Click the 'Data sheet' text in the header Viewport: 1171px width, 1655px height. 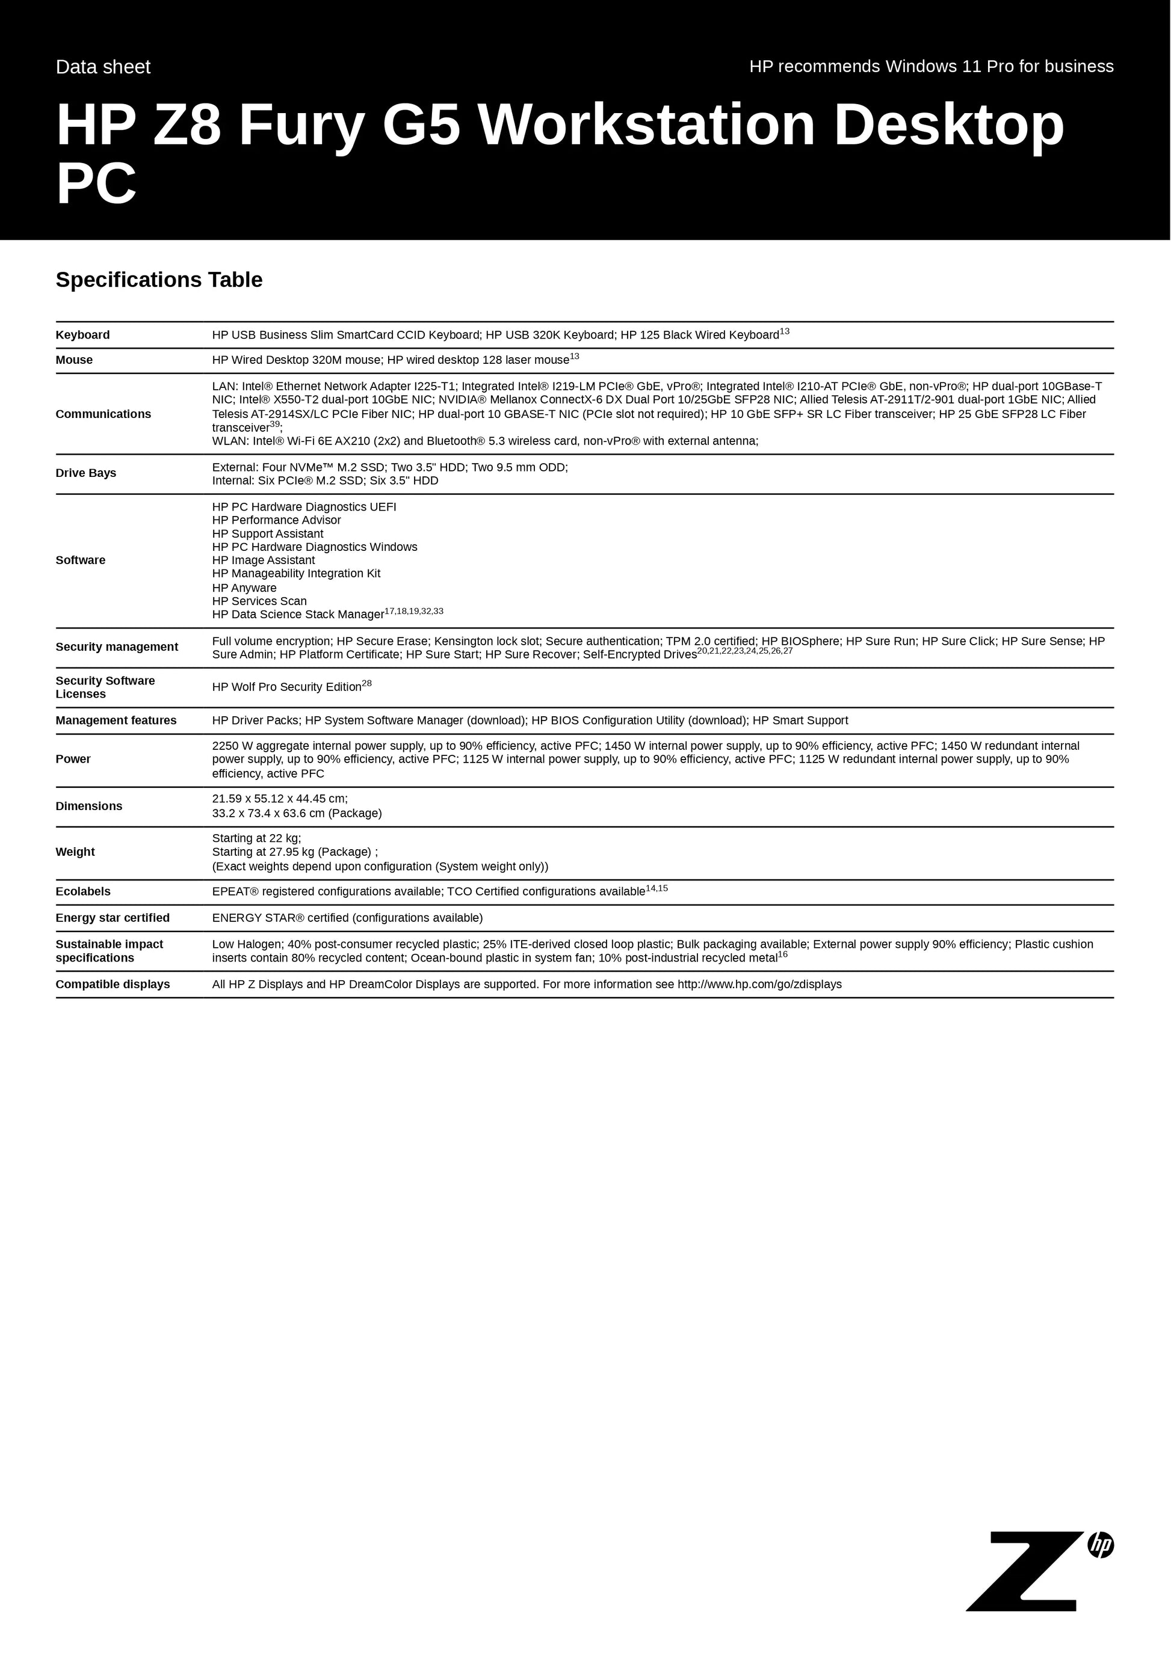pos(103,67)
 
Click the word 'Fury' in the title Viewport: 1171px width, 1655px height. pos(301,126)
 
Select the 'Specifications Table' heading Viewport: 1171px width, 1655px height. pos(159,280)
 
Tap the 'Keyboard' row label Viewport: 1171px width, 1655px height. pos(83,335)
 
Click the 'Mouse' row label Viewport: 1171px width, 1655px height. pos(74,360)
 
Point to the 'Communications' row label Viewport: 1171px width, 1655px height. pos(103,414)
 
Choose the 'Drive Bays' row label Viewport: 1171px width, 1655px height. pos(86,473)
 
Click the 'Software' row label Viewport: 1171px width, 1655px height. pos(80,560)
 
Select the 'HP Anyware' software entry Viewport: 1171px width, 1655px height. pos(244,588)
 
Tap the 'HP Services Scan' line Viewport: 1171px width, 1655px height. pos(259,601)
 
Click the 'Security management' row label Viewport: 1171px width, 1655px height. pos(117,646)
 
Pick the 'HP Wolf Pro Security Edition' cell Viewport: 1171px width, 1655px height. pos(287,687)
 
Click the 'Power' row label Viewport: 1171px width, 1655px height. pos(73,759)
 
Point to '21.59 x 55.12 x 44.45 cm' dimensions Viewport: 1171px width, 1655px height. pos(280,799)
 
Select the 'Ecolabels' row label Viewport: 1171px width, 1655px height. pos(83,892)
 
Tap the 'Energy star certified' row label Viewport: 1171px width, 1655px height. pos(113,918)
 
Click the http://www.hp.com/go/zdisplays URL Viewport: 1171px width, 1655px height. pos(759,984)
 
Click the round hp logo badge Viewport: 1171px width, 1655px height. pos(1101,1545)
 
